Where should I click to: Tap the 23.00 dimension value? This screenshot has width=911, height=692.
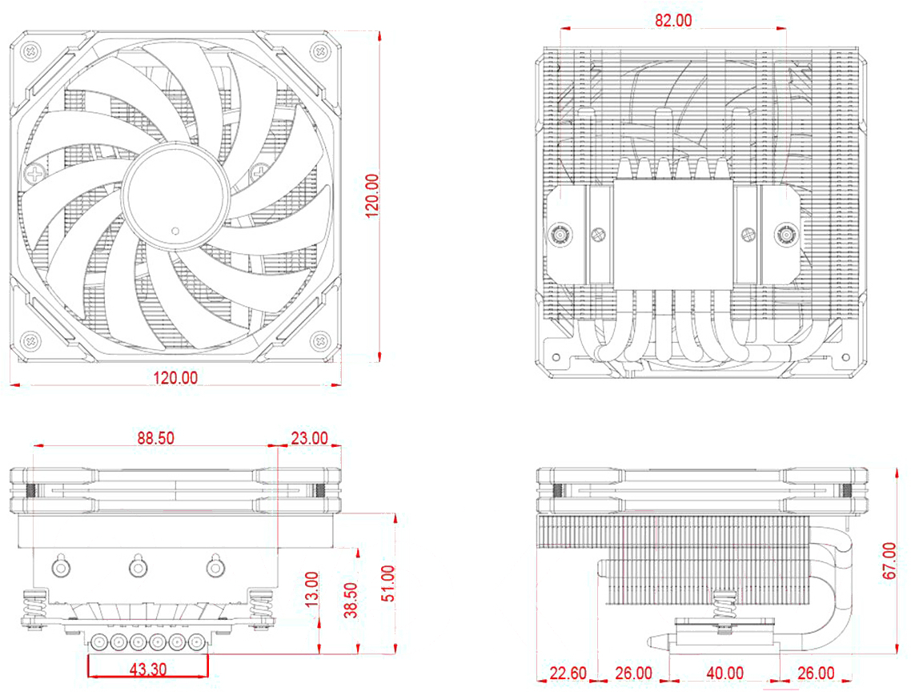click(x=308, y=438)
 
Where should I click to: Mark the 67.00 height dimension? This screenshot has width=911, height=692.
click(x=889, y=561)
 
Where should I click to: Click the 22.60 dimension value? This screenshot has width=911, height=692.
click(x=565, y=674)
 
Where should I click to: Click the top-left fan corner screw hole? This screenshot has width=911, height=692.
click(x=30, y=51)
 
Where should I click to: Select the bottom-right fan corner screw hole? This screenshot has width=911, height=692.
click(x=320, y=338)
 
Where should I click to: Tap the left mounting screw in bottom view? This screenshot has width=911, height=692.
click(x=559, y=235)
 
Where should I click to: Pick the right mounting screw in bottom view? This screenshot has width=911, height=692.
click(x=785, y=235)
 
